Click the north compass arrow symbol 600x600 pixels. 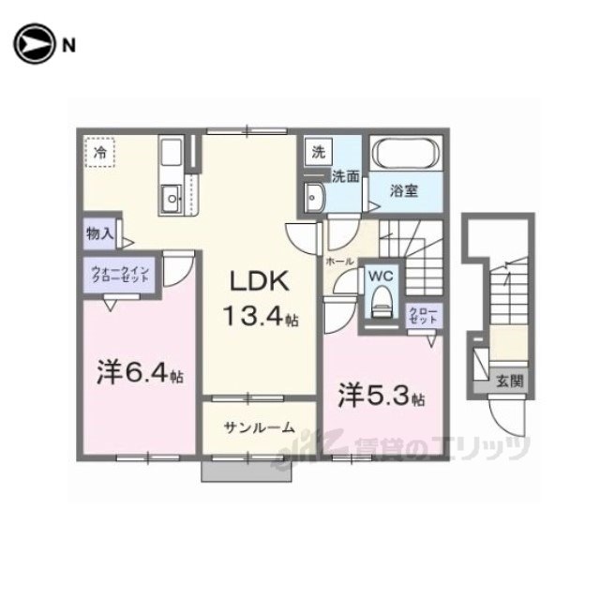click(x=33, y=44)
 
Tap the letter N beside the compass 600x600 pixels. click(x=68, y=46)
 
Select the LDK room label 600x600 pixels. click(x=259, y=281)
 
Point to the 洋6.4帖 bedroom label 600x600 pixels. click(x=140, y=372)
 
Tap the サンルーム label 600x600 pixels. click(x=260, y=427)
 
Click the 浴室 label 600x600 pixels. click(x=404, y=191)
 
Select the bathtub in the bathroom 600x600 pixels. click(x=406, y=154)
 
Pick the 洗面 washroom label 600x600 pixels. click(x=346, y=176)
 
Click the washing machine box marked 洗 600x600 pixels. click(x=319, y=152)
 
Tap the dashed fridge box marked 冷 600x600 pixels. click(x=100, y=152)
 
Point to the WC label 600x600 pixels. click(x=381, y=276)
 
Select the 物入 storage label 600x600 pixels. click(x=100, y=233)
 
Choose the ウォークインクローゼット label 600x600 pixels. click(x=120, y=275)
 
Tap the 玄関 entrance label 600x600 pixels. click(x=509, y=381)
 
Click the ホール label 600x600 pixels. click(x=339, y=262)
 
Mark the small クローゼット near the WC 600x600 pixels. click(x=423, y=315)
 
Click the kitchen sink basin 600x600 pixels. click(x=172, y=198)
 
